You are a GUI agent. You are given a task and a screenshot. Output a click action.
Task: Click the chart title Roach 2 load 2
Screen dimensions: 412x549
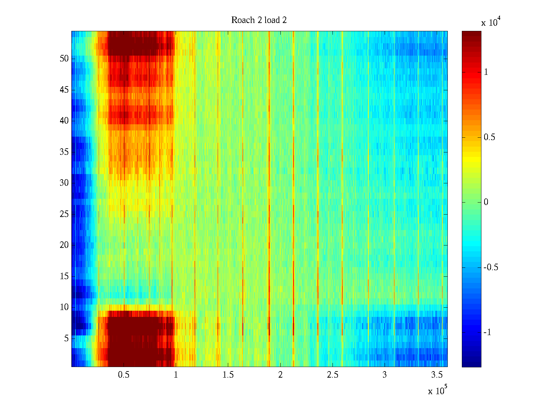[x=259, y=20]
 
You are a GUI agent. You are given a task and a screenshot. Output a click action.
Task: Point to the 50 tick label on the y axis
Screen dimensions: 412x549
[x=64, y=59]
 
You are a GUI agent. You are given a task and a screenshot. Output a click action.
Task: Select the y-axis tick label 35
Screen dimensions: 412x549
[x=64, y=152]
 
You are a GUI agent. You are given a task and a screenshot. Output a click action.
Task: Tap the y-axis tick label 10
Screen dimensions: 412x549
[x=64, y=307]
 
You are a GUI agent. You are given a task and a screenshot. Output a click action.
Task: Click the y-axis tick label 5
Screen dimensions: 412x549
[x=66, y=339]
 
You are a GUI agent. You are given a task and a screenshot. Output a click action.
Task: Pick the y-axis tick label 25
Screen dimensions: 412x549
[x=64, y=214]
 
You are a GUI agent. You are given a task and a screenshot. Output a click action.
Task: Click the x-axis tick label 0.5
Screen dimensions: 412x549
[x=124, y=375]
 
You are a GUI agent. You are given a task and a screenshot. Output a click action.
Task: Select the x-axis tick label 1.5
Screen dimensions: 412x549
[x=228, y=375]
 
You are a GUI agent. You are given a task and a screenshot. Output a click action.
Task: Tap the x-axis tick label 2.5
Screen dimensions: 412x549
[x=332, y=375]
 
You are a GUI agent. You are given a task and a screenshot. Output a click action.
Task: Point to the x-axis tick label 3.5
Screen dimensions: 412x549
[x=437, y=375]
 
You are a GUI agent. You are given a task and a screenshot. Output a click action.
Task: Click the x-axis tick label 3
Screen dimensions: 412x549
[x=385, y=375]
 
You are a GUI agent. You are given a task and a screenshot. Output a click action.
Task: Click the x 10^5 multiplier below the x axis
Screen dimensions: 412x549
[x=437, y=390]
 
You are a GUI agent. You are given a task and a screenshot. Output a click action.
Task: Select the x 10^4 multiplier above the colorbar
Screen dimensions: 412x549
[x=489, y=22]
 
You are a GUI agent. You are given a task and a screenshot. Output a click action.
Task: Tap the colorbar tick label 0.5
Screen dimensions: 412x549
[x=489, y=137]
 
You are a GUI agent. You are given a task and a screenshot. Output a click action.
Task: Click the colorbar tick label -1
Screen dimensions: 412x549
[x=487, y=332]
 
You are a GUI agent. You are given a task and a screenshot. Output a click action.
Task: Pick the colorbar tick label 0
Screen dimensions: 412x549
[x=486, y=202]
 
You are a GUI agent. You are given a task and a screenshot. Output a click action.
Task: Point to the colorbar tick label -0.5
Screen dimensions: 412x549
[x=491, y=267]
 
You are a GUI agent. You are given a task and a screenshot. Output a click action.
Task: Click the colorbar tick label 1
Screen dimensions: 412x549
[x=486, y=72]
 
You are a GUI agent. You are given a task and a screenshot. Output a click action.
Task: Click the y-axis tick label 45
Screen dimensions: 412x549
[x=64, y=90]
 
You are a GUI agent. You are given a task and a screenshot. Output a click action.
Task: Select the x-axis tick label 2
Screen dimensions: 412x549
[x=280, y=375]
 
